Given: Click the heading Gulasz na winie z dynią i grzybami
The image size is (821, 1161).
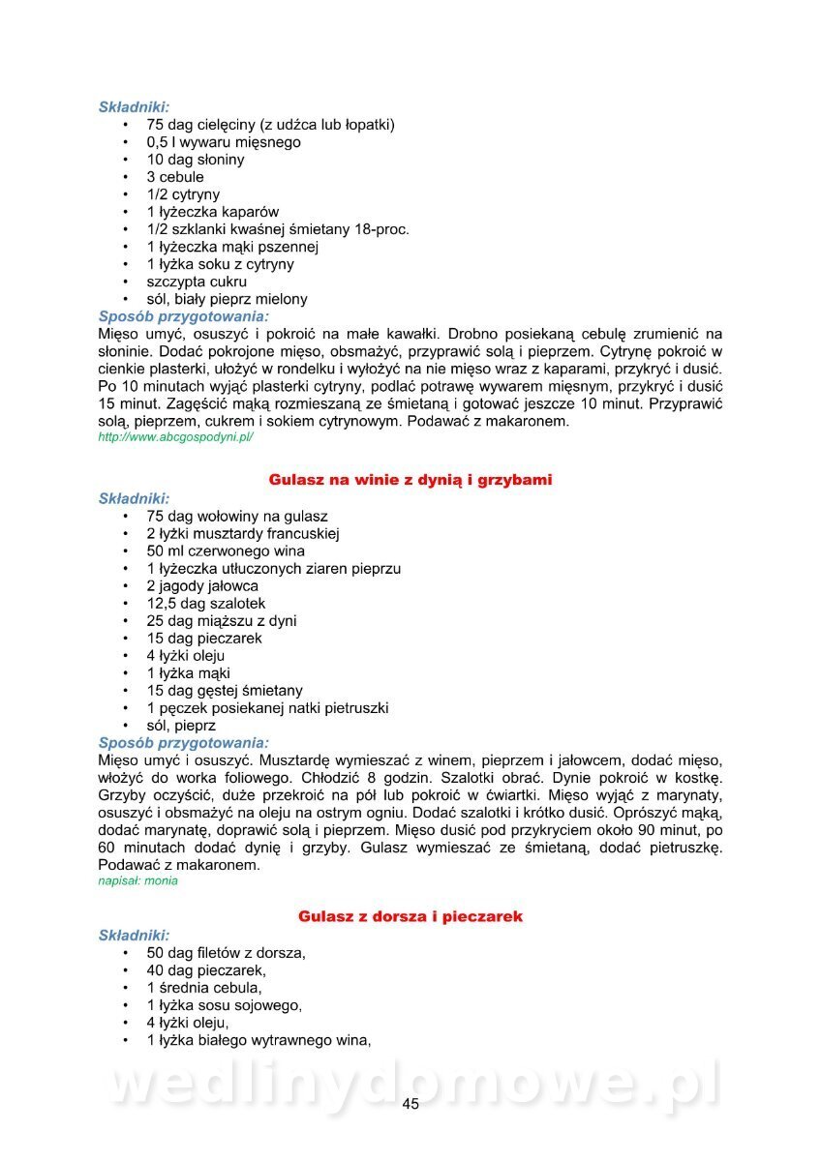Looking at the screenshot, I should [x=410, y=480].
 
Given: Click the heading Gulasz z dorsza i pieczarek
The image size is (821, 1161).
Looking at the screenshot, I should [x=410, y=915].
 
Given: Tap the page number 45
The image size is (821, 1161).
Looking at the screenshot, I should [x=410, y=1104].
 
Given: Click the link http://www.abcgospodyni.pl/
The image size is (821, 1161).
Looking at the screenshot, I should [x=175, y=437].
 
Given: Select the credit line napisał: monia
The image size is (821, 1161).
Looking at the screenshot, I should [x=137, y=881].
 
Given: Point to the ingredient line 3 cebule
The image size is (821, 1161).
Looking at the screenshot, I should [x=175, y=177].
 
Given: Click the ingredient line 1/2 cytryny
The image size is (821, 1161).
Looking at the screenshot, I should [x=183, y=194].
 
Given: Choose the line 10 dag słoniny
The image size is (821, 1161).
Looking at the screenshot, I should [x=196, y=160].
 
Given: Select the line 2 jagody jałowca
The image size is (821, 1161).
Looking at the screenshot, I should [x=202, y=586].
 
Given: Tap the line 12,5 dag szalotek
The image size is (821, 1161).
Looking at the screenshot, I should [x=206, y=604].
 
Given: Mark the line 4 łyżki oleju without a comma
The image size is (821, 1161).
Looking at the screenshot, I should [x=186, y=656].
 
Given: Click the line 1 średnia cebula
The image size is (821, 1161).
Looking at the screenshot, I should [x=204, y=988].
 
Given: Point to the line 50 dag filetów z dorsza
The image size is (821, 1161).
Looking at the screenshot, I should [x=227, y=953].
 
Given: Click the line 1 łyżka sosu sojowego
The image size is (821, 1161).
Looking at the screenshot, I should [x=225, y=1005].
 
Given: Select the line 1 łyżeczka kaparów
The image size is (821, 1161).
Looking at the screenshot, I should [x=213, y=212].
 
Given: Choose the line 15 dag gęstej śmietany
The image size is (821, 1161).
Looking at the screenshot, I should [x=225, y=691].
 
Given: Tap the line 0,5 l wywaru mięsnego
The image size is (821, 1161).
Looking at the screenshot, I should [x=224, y=142].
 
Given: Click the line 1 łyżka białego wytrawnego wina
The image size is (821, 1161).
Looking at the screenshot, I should [x=259, y=1040].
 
